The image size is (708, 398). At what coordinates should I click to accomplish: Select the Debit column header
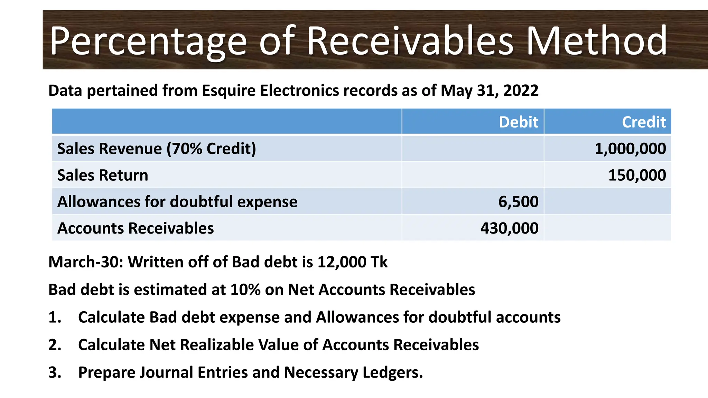click(x=518, y=122)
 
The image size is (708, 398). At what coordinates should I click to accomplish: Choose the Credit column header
click(x=644, y=122)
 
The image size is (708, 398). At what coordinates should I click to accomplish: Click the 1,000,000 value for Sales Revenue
click(x=630, y=149)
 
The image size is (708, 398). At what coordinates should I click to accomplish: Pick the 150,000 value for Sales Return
click(x=637, y=175)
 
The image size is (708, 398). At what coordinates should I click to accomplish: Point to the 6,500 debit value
click(x=518, y=201)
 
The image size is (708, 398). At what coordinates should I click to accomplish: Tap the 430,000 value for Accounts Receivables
click(x=509, y=228)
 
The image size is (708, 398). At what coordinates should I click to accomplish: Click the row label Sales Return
click(x=103, y=175)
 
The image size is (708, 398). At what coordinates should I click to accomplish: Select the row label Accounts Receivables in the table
click(x=136, y=228)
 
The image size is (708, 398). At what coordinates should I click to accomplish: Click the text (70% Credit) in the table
click(x=211, y=149)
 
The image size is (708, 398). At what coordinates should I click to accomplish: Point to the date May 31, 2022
click(x=490, y=91)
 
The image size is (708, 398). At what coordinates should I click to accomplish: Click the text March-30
click(x=85, y=262)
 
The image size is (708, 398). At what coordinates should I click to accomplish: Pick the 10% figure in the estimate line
click(x=245, y=290)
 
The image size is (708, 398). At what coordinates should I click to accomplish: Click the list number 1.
click(x=54, y=317)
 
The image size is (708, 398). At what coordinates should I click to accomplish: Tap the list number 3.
click(x=54, y=372)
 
